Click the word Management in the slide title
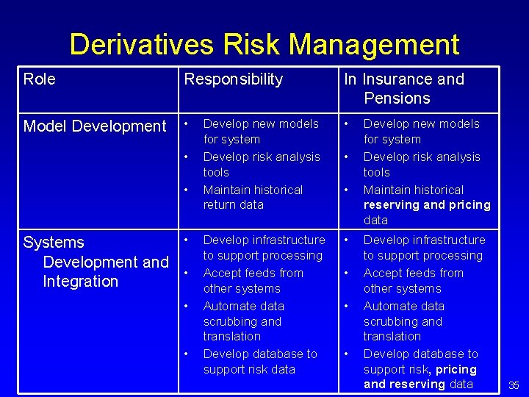(x=374, y=45)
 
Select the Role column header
(x=39, y=79)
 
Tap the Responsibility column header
(x=233, y=79)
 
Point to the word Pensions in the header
(x=397, y=98)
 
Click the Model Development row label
(x=95, y=126)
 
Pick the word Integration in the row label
(x=80, y=281)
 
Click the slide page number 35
(x=514, y=385)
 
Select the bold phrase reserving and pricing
(x=427, y=205)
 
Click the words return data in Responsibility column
(x=233, y=205)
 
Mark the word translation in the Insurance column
(x=392, y=336)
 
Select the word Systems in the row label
(x=54, y=243)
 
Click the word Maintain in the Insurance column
(x=387, y=190)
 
